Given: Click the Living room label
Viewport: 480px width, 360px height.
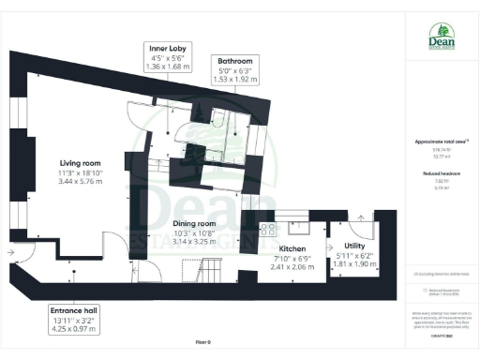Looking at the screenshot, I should pyautogui.click(x=74, y=162).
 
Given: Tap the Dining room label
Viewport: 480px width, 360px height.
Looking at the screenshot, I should pyautogui.click(x=194, y=224).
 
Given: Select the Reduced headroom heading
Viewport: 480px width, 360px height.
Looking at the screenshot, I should pyautogui.click(x=440, y=174).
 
